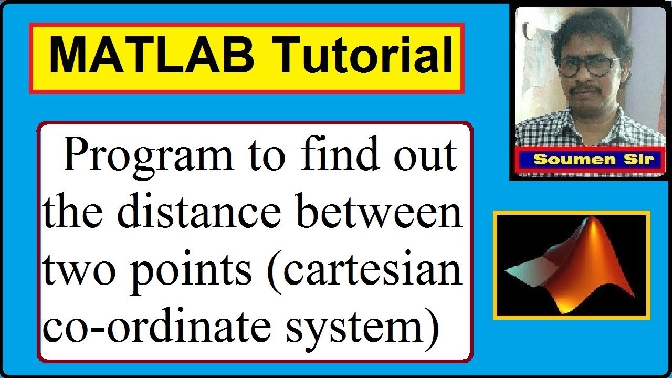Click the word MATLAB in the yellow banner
152,57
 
